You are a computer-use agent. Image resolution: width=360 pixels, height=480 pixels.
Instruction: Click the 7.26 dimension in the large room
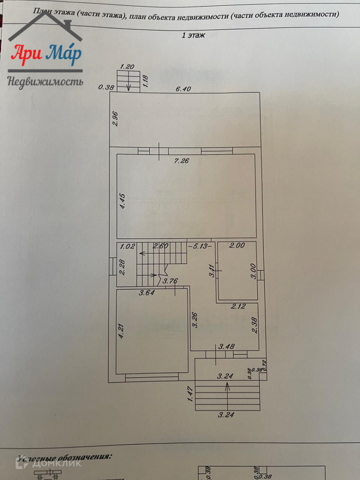pos(182,161)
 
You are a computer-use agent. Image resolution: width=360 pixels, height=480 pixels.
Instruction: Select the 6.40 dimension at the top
pos(183,89)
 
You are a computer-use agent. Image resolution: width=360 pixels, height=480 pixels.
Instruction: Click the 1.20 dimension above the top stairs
pos(127,67)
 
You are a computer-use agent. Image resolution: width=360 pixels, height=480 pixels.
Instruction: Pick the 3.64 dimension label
pos(147,293)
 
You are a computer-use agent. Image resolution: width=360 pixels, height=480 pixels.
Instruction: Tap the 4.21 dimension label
pos(122,332)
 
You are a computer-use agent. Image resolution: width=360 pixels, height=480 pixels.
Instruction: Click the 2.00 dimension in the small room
pos(236,246)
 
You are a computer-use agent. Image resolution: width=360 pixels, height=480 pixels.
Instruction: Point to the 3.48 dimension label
pos(226,346)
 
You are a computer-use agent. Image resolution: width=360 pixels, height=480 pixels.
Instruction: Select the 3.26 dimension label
pos(195,320)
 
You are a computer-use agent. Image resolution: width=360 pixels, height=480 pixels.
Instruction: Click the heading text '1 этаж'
pos(193,36)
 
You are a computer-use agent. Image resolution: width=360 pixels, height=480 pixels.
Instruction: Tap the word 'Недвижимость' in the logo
pos(45,82)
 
